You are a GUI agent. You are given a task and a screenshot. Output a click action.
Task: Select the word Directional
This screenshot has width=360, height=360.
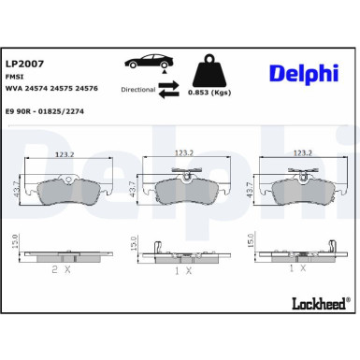137,91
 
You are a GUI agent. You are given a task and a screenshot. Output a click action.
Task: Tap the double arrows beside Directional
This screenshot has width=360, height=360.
168,90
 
